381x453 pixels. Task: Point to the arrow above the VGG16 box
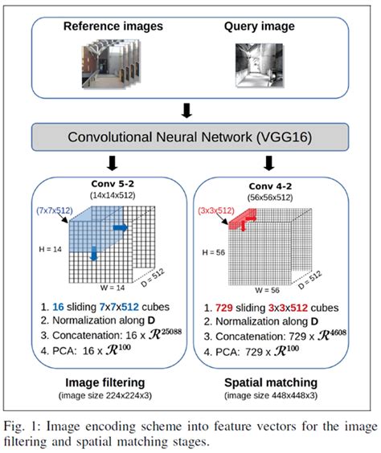(190, 107)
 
